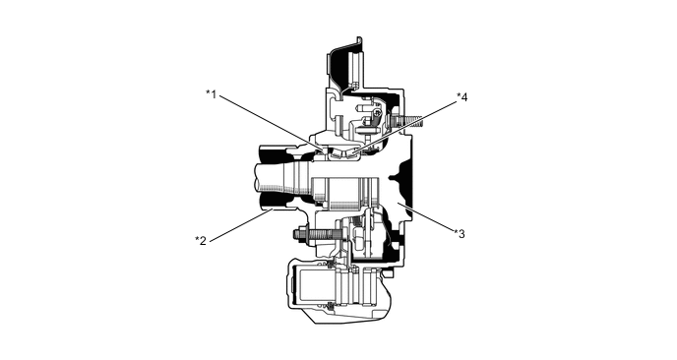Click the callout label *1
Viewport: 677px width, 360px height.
[211, 94]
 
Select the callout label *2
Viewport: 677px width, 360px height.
[200, 239]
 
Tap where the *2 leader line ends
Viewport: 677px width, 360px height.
[264, 210]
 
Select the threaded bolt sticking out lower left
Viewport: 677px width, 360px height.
[304, 235]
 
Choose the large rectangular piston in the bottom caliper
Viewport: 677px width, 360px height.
[313, 288]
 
